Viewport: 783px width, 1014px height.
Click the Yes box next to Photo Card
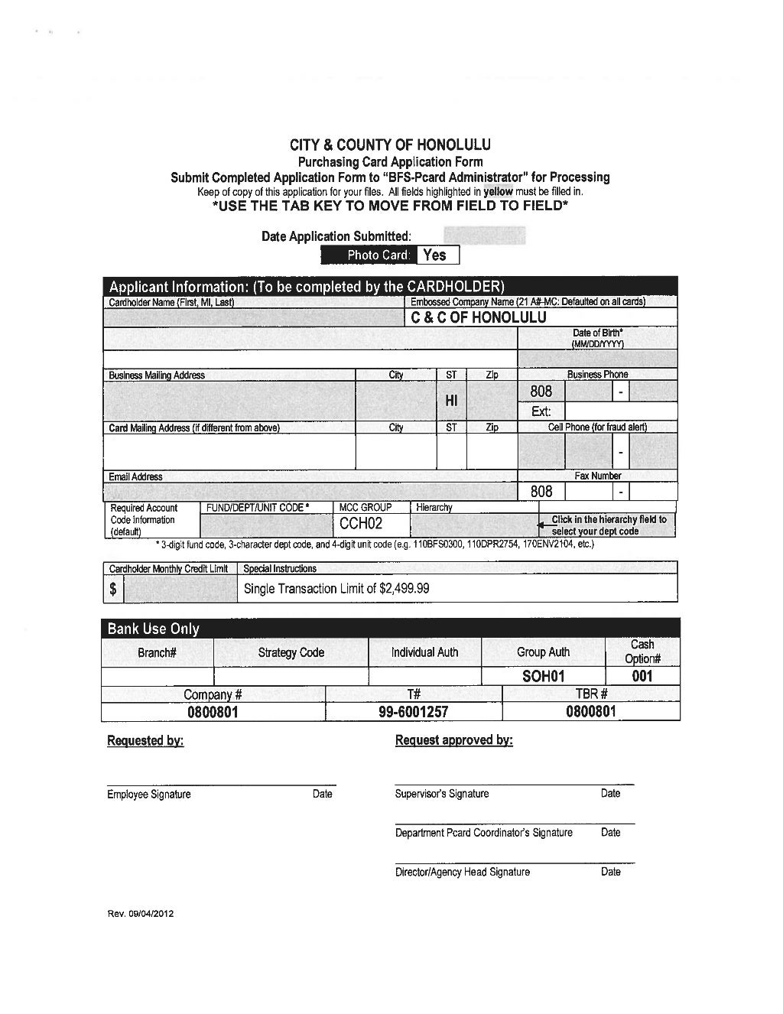tap(438, 255)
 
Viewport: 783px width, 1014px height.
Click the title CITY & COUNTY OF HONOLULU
tap(390, 145)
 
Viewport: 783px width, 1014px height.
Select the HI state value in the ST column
tap(451, 401)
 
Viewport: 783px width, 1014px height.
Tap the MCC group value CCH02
tap(361, 524)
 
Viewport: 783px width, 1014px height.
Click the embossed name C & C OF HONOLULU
tap(479, 318)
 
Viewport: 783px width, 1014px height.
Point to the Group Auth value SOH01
tap(543, 676)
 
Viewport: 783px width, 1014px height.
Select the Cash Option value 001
tap(642, 676)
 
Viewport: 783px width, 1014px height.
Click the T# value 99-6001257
tap(414, 712)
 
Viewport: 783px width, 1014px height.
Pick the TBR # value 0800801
tap(590, 712)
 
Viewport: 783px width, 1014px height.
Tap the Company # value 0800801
tap(213, 712)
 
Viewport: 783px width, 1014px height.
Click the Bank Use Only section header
tap(154, 629)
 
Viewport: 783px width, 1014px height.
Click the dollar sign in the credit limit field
tap(113, 589)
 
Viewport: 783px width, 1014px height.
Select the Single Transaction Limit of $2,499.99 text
tap(336, 589)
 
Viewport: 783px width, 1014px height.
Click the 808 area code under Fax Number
tap(541, 492)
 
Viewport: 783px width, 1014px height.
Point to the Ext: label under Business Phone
tap(541, 411)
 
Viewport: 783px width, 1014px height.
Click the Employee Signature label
tap(149, 795)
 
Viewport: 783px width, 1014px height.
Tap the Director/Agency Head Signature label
tap(462, 872)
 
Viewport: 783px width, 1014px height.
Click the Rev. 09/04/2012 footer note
tap(141, 915)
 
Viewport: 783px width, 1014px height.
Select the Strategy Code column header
tap(291, 652)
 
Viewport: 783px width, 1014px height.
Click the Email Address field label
tap(136, 476)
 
